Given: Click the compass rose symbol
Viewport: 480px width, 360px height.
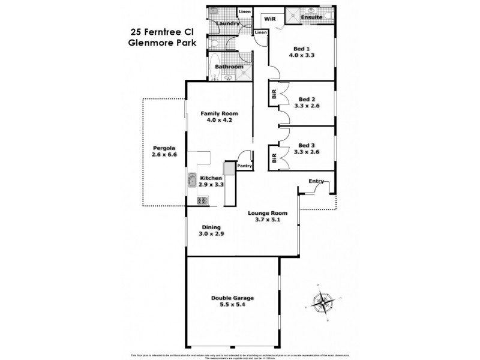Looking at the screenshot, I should pos(323,301).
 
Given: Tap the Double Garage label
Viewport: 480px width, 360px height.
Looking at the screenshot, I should pos(232,298).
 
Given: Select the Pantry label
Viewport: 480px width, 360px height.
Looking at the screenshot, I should pos(244,166).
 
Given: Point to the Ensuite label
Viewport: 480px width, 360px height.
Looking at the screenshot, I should pos(312,17).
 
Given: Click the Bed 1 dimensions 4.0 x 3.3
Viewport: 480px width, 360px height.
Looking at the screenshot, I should pos(301,55).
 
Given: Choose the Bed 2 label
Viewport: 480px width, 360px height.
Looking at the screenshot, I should pos(307,99).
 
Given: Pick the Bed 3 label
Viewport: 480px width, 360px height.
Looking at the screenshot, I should pos(307,144).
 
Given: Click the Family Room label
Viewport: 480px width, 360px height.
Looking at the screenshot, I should pos(219,113).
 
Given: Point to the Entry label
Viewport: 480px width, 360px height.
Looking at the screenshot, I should pos(316,181).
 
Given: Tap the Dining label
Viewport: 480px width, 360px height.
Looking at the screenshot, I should pos(211,227).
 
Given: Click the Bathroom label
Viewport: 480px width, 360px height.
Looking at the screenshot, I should pos(229,67).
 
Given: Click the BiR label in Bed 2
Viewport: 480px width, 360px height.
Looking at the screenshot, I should pos(274,95).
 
